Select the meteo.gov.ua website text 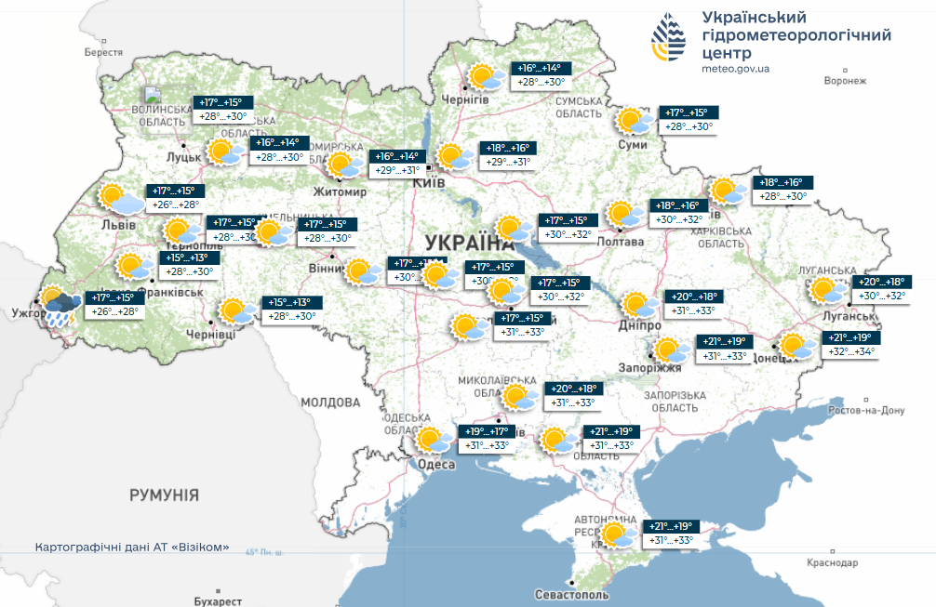point(735,69)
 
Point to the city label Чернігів point(465,99)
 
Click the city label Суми point(632,145)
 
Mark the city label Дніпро point(638,326)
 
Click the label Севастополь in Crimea point(571,594)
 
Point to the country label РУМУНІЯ point(164,495)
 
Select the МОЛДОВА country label point(330,402)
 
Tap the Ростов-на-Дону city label point(866,410)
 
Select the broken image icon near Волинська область point(153,94)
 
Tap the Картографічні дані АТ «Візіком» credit point(130,548)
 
